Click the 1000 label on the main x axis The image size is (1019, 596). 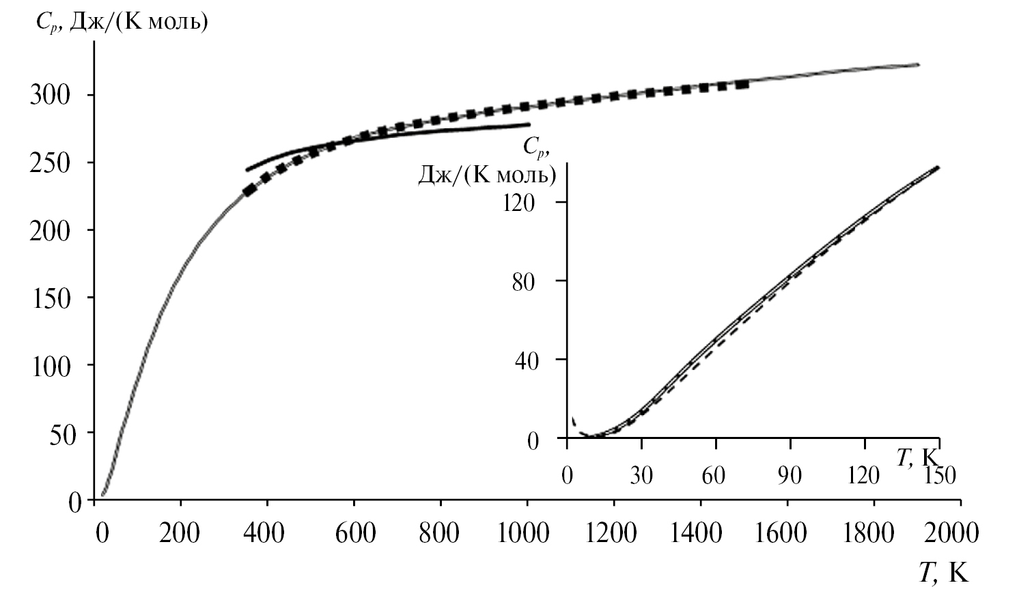[x=525, y=532]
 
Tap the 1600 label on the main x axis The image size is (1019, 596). [x=783, y=532]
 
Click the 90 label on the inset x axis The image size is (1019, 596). [x=790, y=474]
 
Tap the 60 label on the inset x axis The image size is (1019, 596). [x=714, y=474]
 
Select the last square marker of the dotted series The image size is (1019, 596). [x=743, y=85]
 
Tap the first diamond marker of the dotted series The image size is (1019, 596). [x=249, y=190]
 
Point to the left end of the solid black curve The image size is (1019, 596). [x=247, y=169]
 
